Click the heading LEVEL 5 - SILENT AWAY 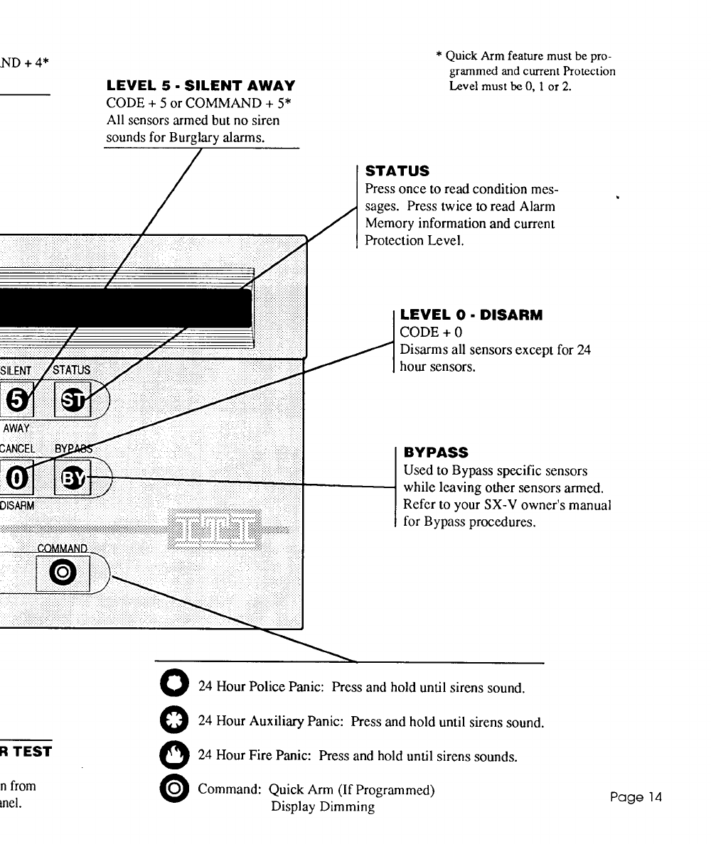[x=201, y=87]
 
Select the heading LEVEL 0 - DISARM [x=471, y=315]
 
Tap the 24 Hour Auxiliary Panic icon [x=178, y=721]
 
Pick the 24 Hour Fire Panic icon [x=178, y=755]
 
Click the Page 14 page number [x=636, y=797]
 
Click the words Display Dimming [x=323, y=808]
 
